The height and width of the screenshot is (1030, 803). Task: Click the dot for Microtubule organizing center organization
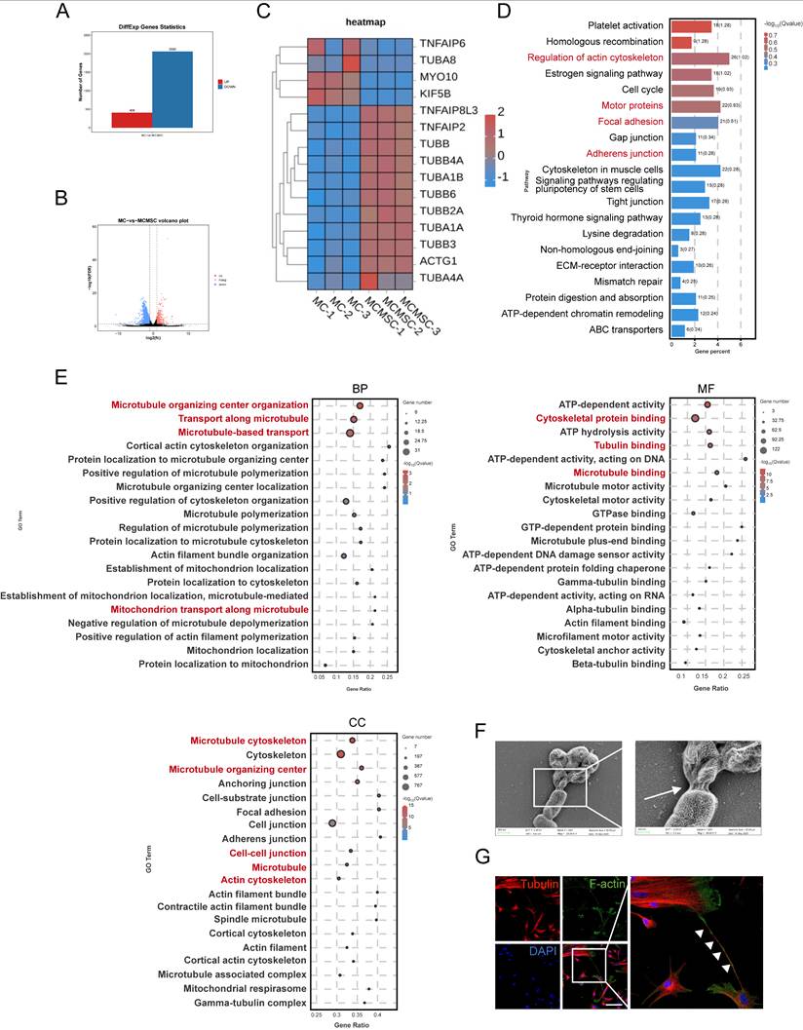[360, 405]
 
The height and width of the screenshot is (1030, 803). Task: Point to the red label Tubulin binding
[630, 444]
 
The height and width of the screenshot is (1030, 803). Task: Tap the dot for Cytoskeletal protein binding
[695, 419]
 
